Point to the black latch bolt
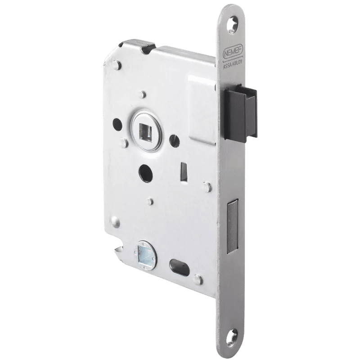tap(241, 113)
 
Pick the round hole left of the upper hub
tap(117, 124)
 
